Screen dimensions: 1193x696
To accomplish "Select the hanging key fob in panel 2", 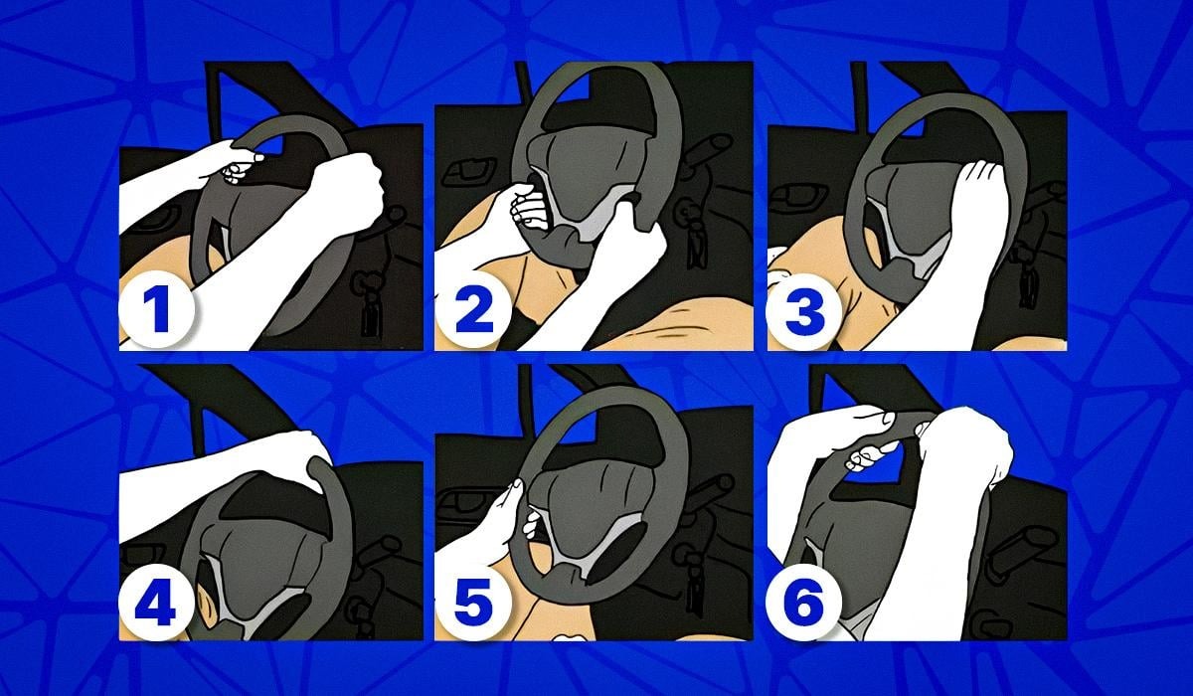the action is (694, 235).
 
